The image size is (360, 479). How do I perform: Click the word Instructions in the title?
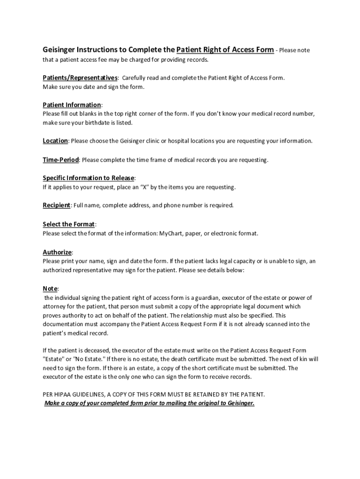point(97,50)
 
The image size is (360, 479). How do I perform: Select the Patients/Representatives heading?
point(80,78)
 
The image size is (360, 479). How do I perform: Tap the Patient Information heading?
point(72,105)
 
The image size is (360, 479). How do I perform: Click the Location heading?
point(55,141)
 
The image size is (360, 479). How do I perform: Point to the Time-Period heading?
point(61,160)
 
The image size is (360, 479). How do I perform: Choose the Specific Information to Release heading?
point(88,178)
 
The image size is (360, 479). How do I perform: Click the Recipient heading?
point(57,205)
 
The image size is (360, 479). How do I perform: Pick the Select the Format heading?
point(69,224)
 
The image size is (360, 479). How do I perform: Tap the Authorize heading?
point(57,252)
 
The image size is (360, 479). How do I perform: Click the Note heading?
point(50,288)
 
